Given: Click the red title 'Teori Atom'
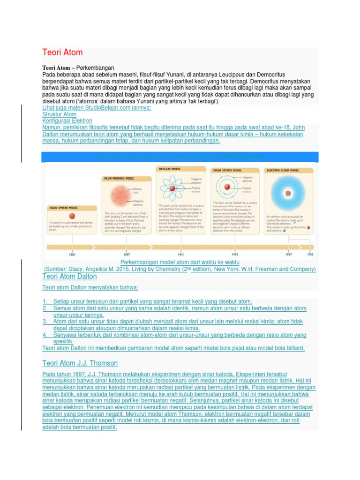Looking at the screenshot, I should tap(62, 52).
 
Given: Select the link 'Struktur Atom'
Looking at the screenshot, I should tap(59, 114).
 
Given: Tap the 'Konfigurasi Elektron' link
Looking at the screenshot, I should tap(67, 121).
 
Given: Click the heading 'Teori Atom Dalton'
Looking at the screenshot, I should tap(69, 277).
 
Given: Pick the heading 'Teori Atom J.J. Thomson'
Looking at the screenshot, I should tap(80, 363).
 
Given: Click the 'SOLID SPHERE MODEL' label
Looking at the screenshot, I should tap(64, 207).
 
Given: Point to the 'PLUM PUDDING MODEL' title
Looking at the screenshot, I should tap(119, 178).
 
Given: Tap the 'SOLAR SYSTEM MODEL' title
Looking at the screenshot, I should tap(228, 170).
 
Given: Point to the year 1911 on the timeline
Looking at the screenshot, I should tap(169, 255).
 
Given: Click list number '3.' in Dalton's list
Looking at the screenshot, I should tap(45, 322).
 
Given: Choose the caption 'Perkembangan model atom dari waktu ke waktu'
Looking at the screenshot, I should tap(180, 262).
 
